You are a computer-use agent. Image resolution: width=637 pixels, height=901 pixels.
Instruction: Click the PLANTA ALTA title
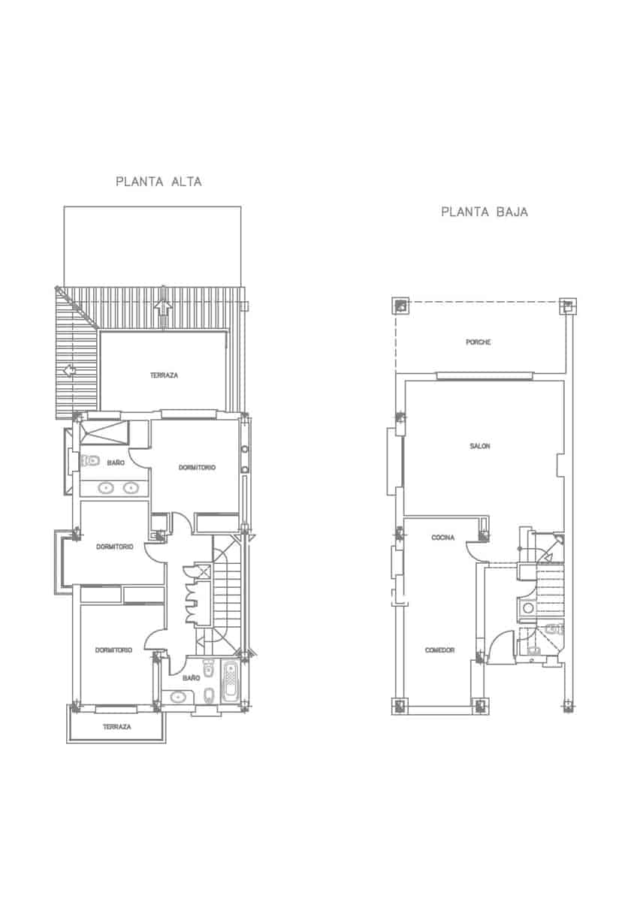pos(158,182)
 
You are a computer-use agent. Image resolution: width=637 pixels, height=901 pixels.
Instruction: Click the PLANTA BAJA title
pos(485,212)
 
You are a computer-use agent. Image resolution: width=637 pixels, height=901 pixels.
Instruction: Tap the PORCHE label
pos(479,342)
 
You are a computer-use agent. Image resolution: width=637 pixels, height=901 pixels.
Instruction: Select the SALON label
pos(480,446)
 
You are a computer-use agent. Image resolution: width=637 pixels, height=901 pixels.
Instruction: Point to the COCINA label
pos(442,538)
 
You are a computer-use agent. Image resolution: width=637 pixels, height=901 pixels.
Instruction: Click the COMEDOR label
pos(439,650)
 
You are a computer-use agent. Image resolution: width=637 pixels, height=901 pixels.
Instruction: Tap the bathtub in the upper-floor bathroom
pos(231,683)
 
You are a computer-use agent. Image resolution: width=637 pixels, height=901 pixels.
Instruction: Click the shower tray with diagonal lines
pos(104,433)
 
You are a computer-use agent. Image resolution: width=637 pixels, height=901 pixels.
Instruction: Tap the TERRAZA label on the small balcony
pos(117,728)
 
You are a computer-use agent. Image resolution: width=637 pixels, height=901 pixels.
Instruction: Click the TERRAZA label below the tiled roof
pos(164,375)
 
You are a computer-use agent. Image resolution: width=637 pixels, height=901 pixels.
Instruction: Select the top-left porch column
pos(401,306)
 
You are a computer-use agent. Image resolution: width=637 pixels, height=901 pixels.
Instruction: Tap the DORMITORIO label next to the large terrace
pos(198,468)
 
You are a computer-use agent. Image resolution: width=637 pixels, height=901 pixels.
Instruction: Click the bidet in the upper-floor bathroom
pos(210,693)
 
